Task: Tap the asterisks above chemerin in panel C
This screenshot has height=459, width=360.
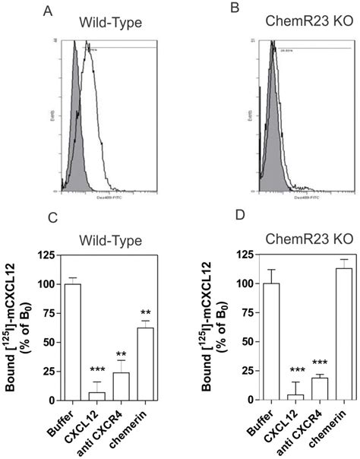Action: (146, 312)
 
